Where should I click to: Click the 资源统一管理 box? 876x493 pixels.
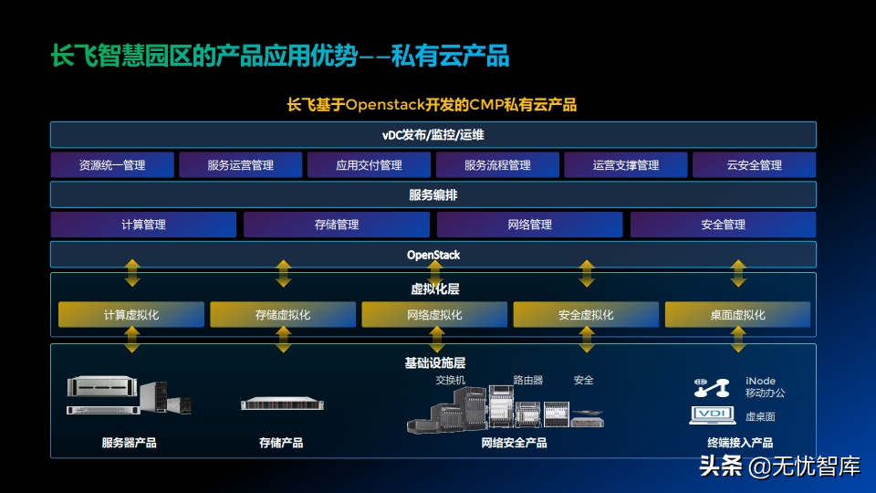click(112, 165)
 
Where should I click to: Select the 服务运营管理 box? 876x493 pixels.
click(240, 165)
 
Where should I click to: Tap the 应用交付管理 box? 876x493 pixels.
click(369, 165)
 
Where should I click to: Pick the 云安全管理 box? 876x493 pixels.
click(754, 165)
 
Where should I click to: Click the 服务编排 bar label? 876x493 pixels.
click(433, 194)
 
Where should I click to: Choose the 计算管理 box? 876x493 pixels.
click(143, 225)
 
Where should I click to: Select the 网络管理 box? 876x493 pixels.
click(529, 225)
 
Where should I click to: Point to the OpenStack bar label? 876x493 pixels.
click(433, 255)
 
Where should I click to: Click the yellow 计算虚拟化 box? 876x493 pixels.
click(131, 315)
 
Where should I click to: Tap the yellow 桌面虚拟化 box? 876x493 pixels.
click(737, 315)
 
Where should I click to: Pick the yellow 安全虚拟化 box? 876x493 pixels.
click(586, 315)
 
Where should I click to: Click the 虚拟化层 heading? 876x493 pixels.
click(434, 288)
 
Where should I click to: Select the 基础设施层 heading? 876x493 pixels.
click(434, 362)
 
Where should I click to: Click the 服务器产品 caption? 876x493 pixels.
click(129, 443)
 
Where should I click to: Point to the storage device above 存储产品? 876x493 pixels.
click(282, 404)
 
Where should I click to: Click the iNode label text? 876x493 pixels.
click(760, 381)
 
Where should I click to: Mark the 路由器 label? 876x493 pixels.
click(527, 380)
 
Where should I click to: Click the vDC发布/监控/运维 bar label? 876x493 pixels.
click(433, 135)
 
